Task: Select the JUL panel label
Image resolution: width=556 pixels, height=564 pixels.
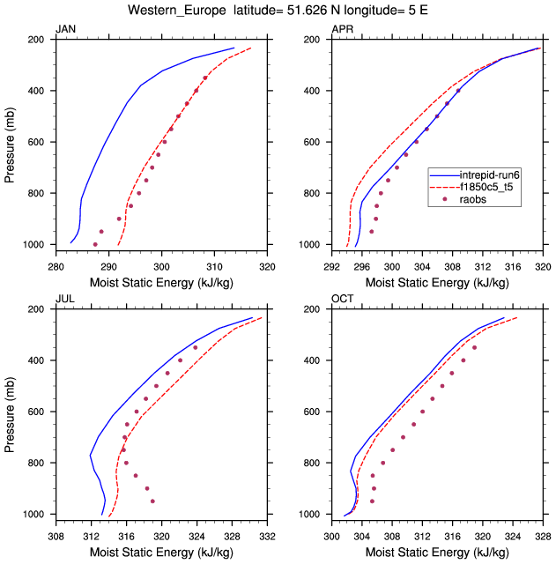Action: (x=64, y=301)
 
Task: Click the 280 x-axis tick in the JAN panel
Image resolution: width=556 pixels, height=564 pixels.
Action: (x=56, y=265)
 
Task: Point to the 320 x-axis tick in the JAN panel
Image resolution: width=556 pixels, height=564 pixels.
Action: (x=268, y=265)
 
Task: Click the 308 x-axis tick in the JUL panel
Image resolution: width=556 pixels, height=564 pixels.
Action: (x=56, y=535)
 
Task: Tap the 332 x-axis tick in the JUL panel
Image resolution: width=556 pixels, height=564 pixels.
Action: (x=268, y=535)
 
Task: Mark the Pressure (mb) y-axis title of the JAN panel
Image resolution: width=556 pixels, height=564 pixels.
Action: (x=10, y=142)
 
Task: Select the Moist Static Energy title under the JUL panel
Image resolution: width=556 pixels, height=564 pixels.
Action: (x=161, y=552)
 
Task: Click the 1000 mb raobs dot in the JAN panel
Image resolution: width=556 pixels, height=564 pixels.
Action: (x=95, y=244)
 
